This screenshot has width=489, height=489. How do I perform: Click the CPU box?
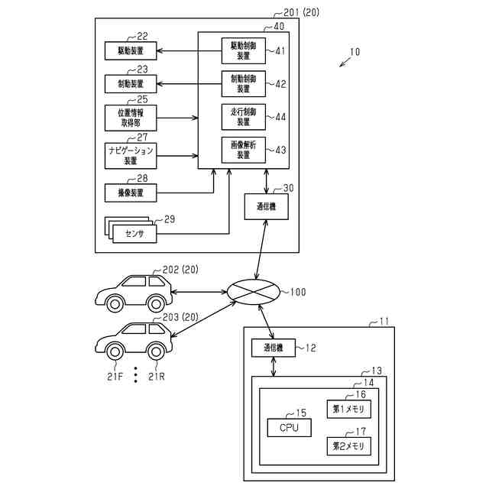click(289, 428)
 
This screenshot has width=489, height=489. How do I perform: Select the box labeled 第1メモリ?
click(348, 409)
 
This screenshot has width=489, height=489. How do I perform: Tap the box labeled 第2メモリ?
click(348, 446)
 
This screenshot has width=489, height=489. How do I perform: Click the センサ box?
click(134, 234)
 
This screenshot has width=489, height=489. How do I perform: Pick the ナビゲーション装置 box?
click(131, 156)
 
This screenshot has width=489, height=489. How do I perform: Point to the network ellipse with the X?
click(253, 292)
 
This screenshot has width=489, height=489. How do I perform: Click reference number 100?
click(298, 292)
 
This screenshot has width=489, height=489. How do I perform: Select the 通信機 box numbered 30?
click(266, 206)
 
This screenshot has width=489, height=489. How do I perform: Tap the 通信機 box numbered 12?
click(274, 348)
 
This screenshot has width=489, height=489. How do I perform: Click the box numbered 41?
click(244, 51)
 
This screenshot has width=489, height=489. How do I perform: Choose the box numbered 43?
click(244, 150)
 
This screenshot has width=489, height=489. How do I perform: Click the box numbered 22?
click(131, 50)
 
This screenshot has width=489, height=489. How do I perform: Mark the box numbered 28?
click(131, 193)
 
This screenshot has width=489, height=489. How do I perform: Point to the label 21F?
click(115, 377)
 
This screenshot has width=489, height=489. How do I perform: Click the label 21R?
click(156, 377)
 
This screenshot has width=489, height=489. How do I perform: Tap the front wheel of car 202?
click(115, 304)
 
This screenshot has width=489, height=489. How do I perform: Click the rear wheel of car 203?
click(156, 351)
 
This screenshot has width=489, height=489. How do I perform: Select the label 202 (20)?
click(180, 270)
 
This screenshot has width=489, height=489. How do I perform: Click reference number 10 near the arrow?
click(355, 52)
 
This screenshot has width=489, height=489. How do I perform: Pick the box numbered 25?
click(131, 118)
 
